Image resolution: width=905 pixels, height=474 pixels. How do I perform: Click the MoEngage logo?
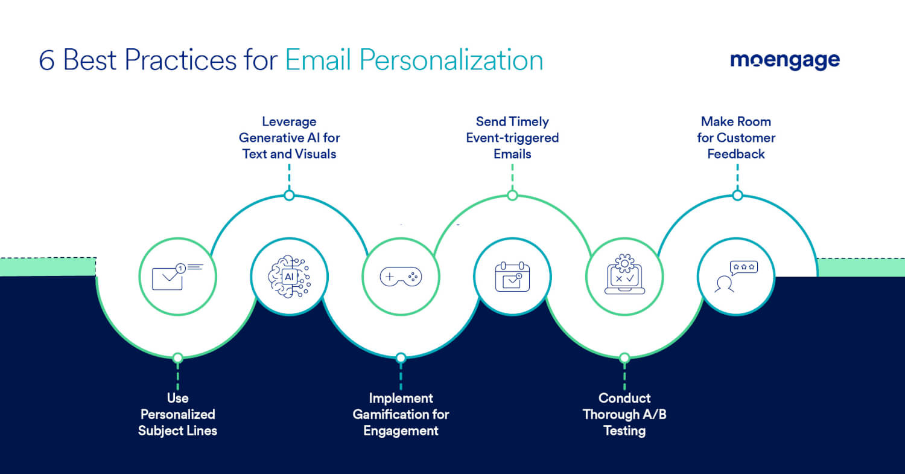point(784,60)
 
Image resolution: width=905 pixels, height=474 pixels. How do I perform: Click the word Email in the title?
point(317,60)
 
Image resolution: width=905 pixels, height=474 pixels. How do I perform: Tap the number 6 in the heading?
point(46,60)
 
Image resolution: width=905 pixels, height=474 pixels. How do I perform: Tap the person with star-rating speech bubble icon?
point(736,277)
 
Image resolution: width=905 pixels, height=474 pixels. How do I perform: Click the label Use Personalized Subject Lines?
point(177,414)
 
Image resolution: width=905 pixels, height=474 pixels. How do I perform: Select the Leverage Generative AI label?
point(289,138)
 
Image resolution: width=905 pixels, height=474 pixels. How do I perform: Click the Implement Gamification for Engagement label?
point(401,414)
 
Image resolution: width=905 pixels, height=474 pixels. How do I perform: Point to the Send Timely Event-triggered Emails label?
point(512,138)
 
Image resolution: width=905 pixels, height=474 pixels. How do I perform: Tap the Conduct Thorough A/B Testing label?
point(624,414)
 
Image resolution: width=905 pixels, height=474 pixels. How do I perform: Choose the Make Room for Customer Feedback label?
point(736,138)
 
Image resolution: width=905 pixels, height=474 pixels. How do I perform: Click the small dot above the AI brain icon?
point(289,196)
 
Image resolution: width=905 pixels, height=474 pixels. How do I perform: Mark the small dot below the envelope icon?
point(177,358)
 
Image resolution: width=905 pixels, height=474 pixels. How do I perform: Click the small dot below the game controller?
point(401,358)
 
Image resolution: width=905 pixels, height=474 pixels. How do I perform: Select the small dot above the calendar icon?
point(512,196)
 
